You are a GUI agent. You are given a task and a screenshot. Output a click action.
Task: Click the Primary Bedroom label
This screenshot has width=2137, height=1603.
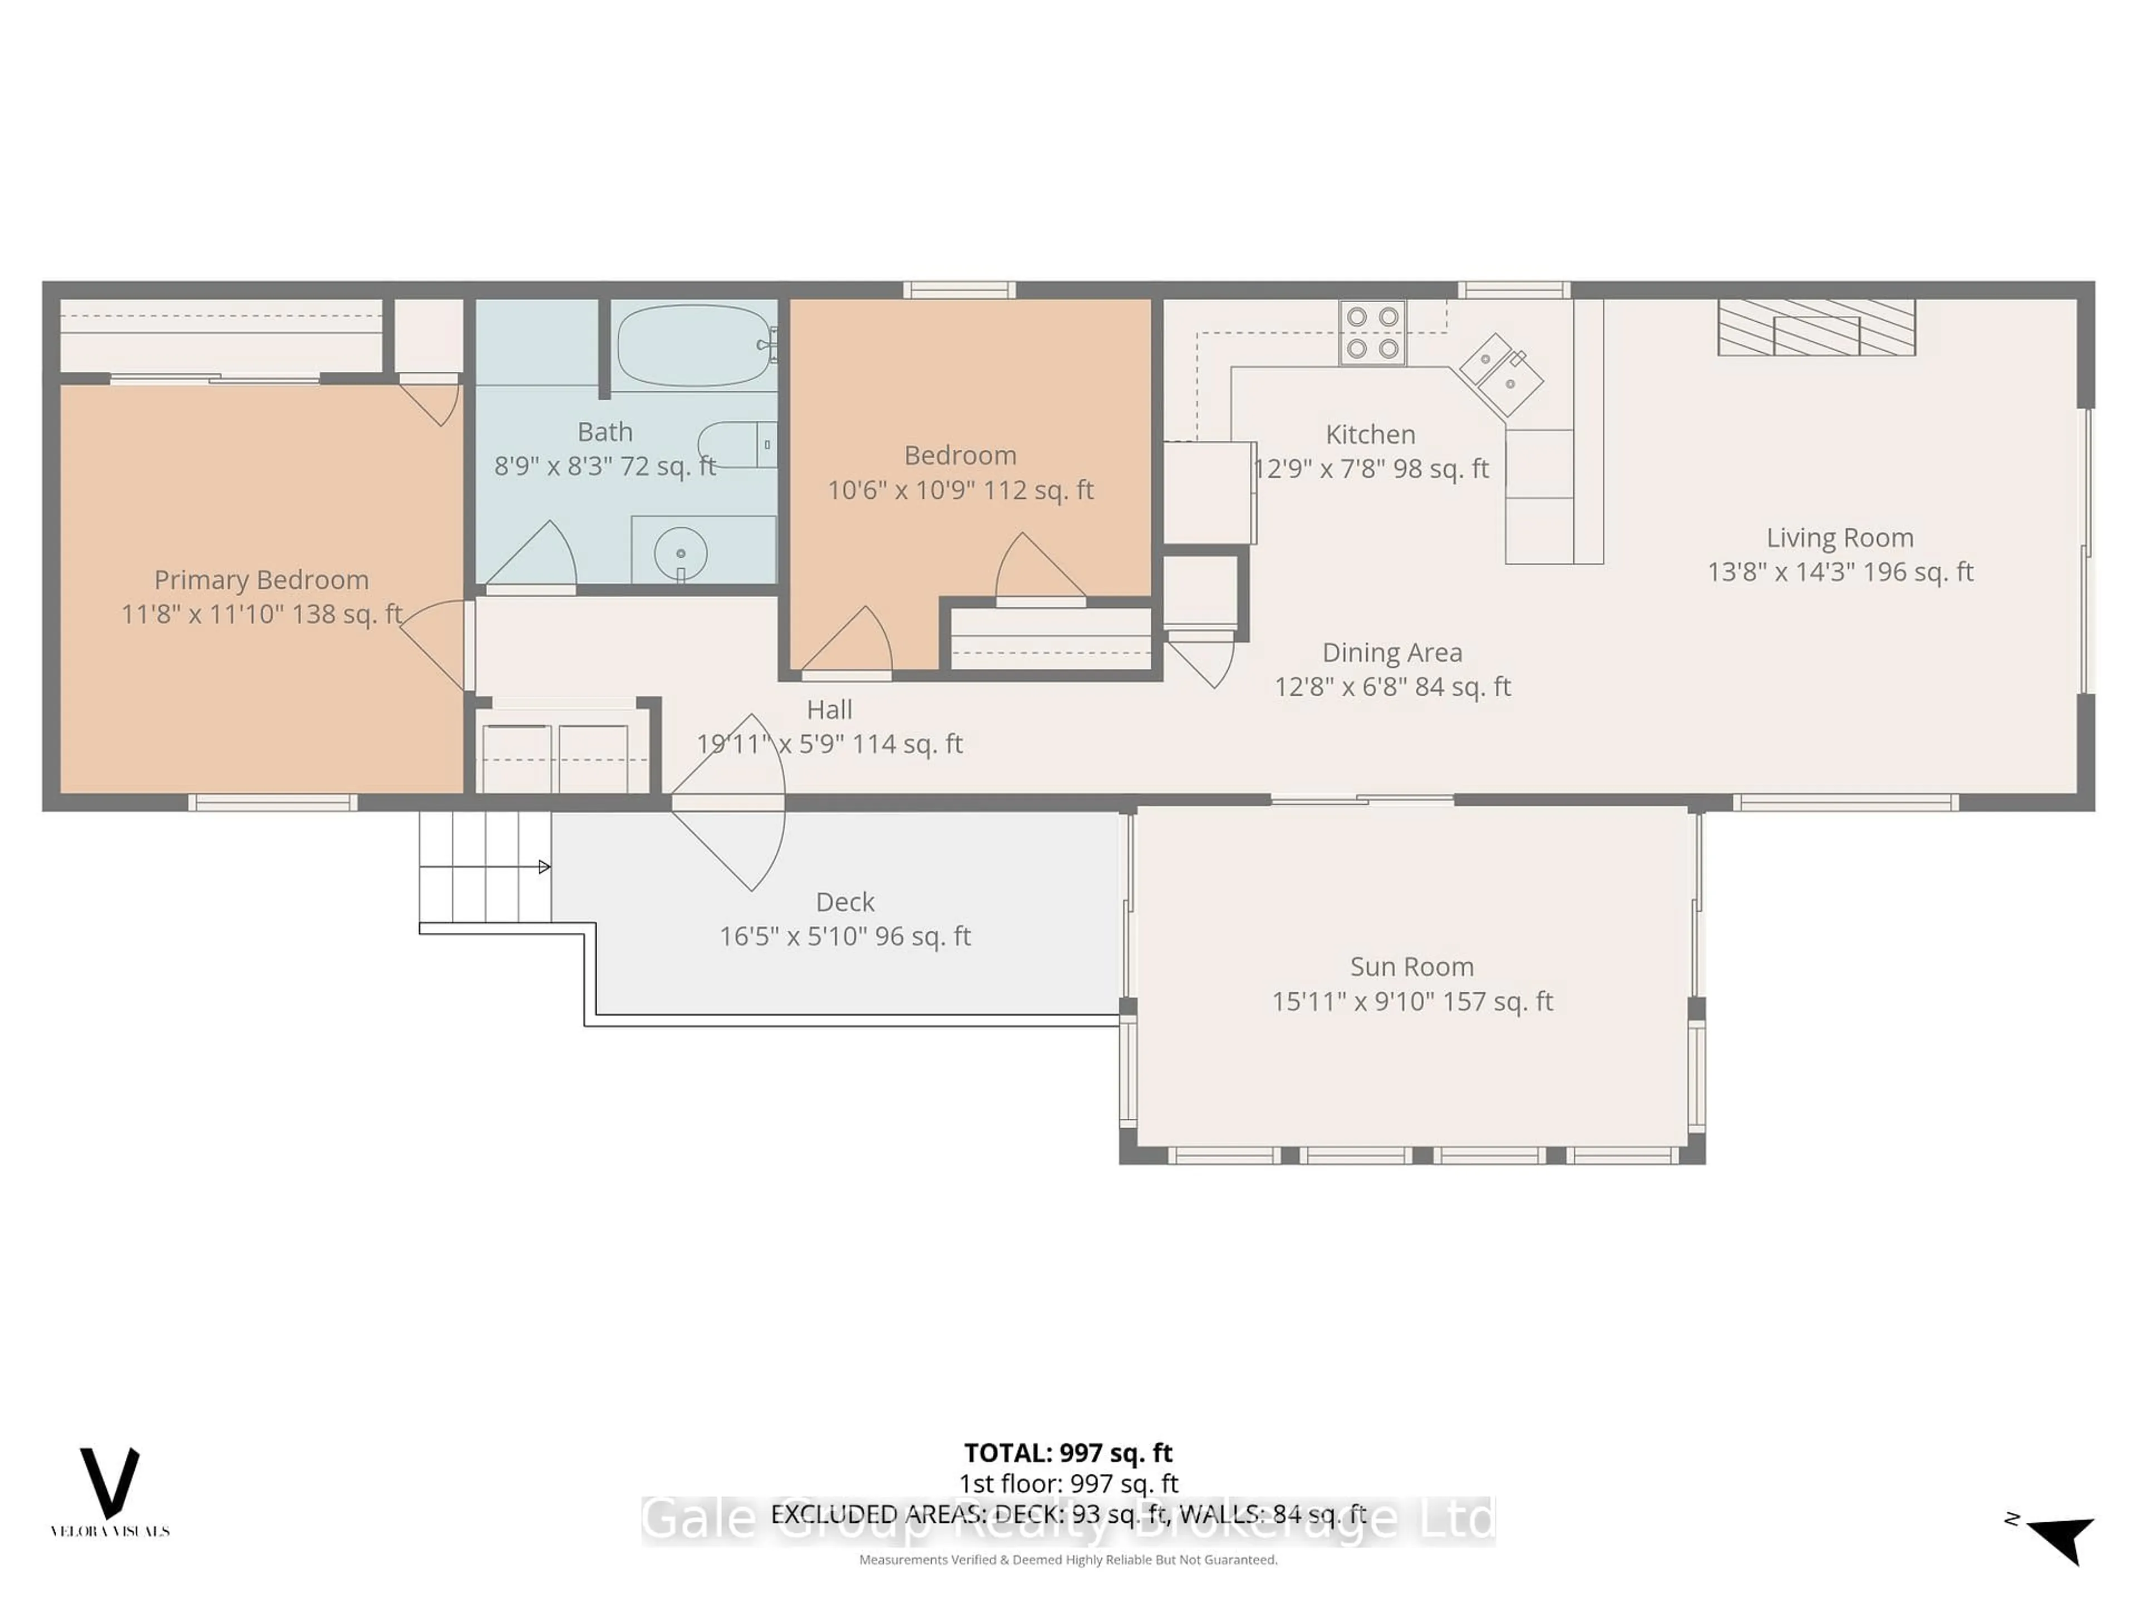coord(261,580)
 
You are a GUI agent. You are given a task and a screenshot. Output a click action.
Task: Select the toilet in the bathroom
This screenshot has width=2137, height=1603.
coord(739,445)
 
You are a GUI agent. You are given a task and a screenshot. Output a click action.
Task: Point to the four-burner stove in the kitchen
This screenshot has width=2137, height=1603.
coord(1372,332)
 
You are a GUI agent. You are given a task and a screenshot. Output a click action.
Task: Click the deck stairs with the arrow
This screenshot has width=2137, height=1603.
coord(485,867)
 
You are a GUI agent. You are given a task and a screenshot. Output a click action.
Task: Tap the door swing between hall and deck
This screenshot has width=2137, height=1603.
coord(730,802)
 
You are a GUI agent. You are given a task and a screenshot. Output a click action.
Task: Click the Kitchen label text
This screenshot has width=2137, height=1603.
coord(1370,435)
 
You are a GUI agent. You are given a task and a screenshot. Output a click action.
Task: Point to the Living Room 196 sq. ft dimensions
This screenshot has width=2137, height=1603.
coord(1839,572)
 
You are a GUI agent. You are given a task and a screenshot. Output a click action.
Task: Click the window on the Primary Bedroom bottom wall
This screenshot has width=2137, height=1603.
coord(273,802)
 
